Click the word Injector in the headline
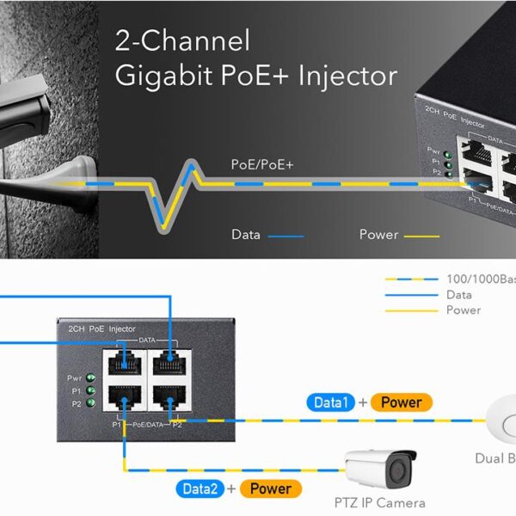pyautogui.click(x=347, y=76)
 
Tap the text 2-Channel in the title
pyautogui.click(x=182, y=40)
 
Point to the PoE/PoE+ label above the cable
pyautogui.click(x=262, y=163)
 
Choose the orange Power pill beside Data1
pyautogui.click(x=401, y=402)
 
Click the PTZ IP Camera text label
pyautogui.click(x=380, y=502)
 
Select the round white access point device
pyautogui.click(x=504, y=421)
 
